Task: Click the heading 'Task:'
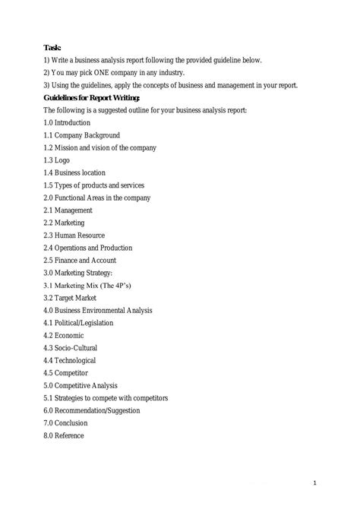[x=52, y=47]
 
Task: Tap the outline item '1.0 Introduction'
[x=70, y=123]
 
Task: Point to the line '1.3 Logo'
[x=58, y=160]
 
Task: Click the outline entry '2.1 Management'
[x=68, y=210]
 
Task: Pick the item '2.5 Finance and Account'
[x=84, y=261]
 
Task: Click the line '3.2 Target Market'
[x=74, y=298]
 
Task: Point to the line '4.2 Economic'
[x=64, y=335]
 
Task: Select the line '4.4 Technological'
[x=70, y=360]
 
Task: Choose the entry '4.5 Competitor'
[x=66, y=373]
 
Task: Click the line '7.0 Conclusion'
[x=66, y=423]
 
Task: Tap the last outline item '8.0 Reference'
[x=64, y=435]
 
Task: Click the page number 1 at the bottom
[x=335, y=482]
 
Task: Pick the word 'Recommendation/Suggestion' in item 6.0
[x=98, y=410]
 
